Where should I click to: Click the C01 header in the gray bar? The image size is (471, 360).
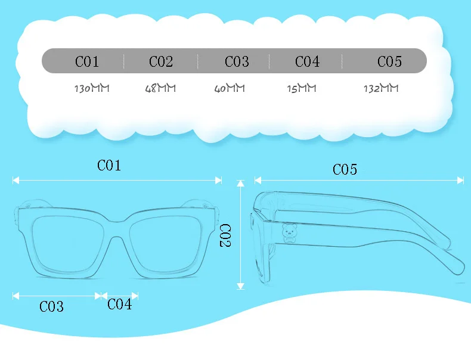click(x=87, y=61)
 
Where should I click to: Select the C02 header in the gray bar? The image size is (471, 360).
click(x=161, y=61)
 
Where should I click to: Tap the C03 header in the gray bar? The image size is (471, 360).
click(x=237, y=61)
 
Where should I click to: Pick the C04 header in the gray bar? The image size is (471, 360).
click(x=307, y=61)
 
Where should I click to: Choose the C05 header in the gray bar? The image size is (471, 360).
click(x=389, y=61)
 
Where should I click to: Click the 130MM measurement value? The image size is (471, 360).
click(x=92, y=88)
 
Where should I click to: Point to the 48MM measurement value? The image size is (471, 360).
click(x=160, y=88)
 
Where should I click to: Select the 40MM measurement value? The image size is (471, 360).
click(x=230, y=88)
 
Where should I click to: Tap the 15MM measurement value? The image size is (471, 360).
click(x=302, y=88)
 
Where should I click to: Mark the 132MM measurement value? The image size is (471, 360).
click(x=381, y=88)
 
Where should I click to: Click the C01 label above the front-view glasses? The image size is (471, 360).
click(x=109, y=166)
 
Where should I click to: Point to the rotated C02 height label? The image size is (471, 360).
click(x=225, y=235)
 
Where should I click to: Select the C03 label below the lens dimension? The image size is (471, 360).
click(x=51, y=306)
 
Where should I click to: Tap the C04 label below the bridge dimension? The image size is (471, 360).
click(x=120, y=304)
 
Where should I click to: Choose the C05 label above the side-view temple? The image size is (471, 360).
click(x=345, y=169)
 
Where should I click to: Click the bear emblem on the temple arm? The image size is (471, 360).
click(x=289, y=232)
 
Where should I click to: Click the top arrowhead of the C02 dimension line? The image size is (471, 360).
click(x=241, y=184)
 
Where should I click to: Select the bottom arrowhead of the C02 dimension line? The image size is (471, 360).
click(x=241, y=286)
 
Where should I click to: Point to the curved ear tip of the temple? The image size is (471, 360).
click(x=457, y=266)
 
